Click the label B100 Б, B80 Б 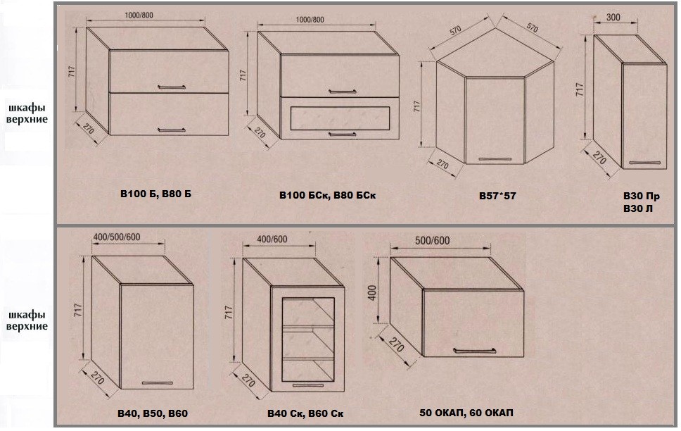tap(155, 194)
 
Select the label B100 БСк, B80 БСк tap(327, 195)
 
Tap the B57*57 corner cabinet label tap(497, 196)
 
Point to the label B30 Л tap(637, 208)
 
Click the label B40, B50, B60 tap(153, 413)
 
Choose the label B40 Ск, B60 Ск tap(305, 413)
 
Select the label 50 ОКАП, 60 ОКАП tap(466, 412)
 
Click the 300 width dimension tap(613, 18)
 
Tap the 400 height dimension tap(372, 293)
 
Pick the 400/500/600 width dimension tap(117, 237)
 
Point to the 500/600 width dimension tap(432, 241)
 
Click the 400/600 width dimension tap(272, 239)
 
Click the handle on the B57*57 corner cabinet tap(495, 158)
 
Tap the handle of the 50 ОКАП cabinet tap(474, 350)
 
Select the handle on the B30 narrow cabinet tap(644, 163)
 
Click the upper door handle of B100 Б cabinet tap(172, 87)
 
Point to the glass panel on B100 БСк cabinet tap(338, 118)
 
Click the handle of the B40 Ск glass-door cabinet tap(308, 385)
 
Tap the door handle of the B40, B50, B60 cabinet tap(157, 382)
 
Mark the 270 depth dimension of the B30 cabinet tap(599, 158)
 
